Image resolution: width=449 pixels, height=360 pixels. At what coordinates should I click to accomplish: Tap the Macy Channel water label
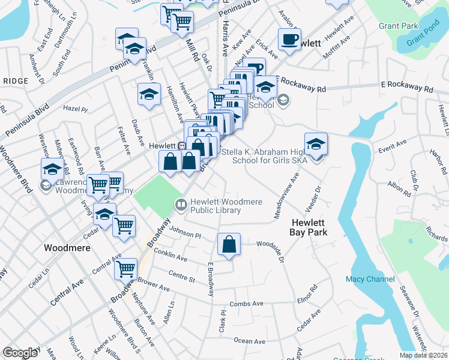[370, 279]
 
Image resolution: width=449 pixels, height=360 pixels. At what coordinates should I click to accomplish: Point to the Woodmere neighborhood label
[67, 247]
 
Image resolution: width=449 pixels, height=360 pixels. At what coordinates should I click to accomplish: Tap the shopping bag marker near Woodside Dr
[229, 244]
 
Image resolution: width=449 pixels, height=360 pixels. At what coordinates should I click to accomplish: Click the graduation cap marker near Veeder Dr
[316, 145]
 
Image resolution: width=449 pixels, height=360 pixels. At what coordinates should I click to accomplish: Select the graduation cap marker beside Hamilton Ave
[149, 94]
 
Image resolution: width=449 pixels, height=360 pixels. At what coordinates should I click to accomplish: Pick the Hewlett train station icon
[181, 146]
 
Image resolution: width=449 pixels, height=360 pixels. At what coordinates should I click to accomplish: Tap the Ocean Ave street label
[249, 341]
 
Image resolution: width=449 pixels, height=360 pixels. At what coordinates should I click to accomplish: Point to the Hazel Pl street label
[75, 109]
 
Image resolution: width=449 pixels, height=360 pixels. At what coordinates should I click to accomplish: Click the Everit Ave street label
[393, 143]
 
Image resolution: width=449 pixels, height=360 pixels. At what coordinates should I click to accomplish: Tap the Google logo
[20, 353]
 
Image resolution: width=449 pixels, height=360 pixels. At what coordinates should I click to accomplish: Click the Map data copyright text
[424, 355]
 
